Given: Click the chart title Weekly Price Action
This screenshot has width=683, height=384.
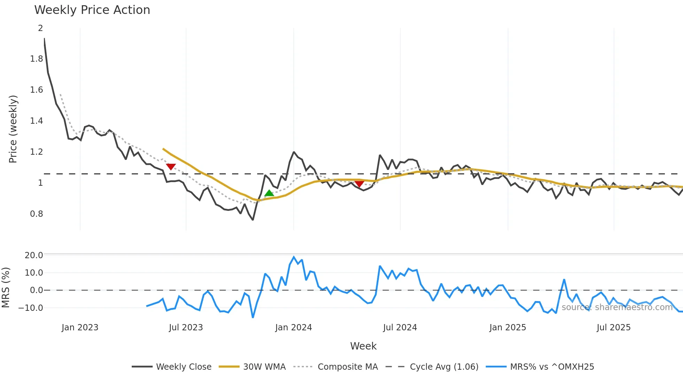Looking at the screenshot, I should pyautogui.click(x=92, y=10).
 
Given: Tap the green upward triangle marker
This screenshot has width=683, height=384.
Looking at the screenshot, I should pyautogui.click(x=269, y=193).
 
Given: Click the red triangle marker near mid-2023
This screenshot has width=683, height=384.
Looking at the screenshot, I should pyautogui.click(x=171, y=167).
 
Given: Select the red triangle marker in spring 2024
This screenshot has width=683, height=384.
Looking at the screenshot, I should pyautogui.click(x=359, y=184).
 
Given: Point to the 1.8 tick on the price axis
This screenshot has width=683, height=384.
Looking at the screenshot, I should pyautogui.click(x=37, y=59).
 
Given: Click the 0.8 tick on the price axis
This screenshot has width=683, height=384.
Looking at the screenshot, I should pyautogui.click(x=37, y=214).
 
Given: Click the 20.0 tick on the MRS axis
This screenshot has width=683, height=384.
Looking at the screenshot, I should pyautogui.click(x=34, y=255).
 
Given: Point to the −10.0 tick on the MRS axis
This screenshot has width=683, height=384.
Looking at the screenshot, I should pyautogui.click(x=31, y=308).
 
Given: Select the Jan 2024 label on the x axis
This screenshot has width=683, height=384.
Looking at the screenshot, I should pyautogui.click(x=293, y=328).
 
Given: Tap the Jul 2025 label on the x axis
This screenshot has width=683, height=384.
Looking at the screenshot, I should pyautogui.click(x=614, y=328).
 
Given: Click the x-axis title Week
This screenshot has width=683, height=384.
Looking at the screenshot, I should pyautogui.click(x=363, y=346).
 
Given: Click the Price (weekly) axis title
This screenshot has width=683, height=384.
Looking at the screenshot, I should pyautogui.click(x=13, y=129).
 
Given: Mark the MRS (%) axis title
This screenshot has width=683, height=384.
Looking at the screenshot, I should pyautogui.click(x=6, y=287).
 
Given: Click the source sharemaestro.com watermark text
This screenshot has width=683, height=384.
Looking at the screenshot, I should pyautogui.click(x=617, y=307).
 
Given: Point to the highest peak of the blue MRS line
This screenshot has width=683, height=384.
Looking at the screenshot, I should pyautogui.click(x=294, y=257).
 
